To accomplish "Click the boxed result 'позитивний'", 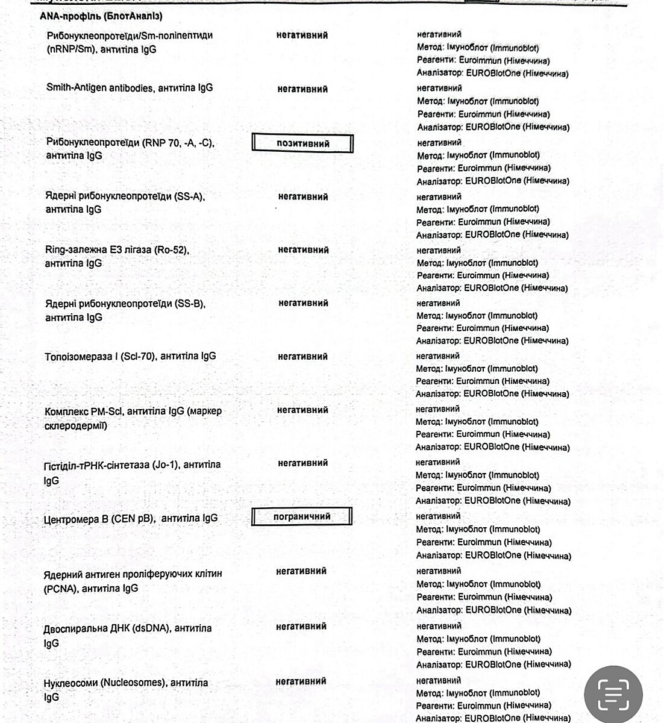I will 302,143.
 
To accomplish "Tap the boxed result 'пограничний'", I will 302,517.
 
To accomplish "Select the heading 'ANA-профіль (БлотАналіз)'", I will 101,16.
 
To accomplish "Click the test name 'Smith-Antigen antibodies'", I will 98,88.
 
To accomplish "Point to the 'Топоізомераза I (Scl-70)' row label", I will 100,357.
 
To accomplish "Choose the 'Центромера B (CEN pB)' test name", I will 99,519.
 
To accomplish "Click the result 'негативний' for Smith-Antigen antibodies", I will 302,89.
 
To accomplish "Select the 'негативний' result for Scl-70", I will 302,357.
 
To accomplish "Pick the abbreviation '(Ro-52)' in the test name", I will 171,250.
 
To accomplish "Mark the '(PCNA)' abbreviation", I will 61,589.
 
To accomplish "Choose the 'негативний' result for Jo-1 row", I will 302,463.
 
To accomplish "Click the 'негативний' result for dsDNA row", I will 301,627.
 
